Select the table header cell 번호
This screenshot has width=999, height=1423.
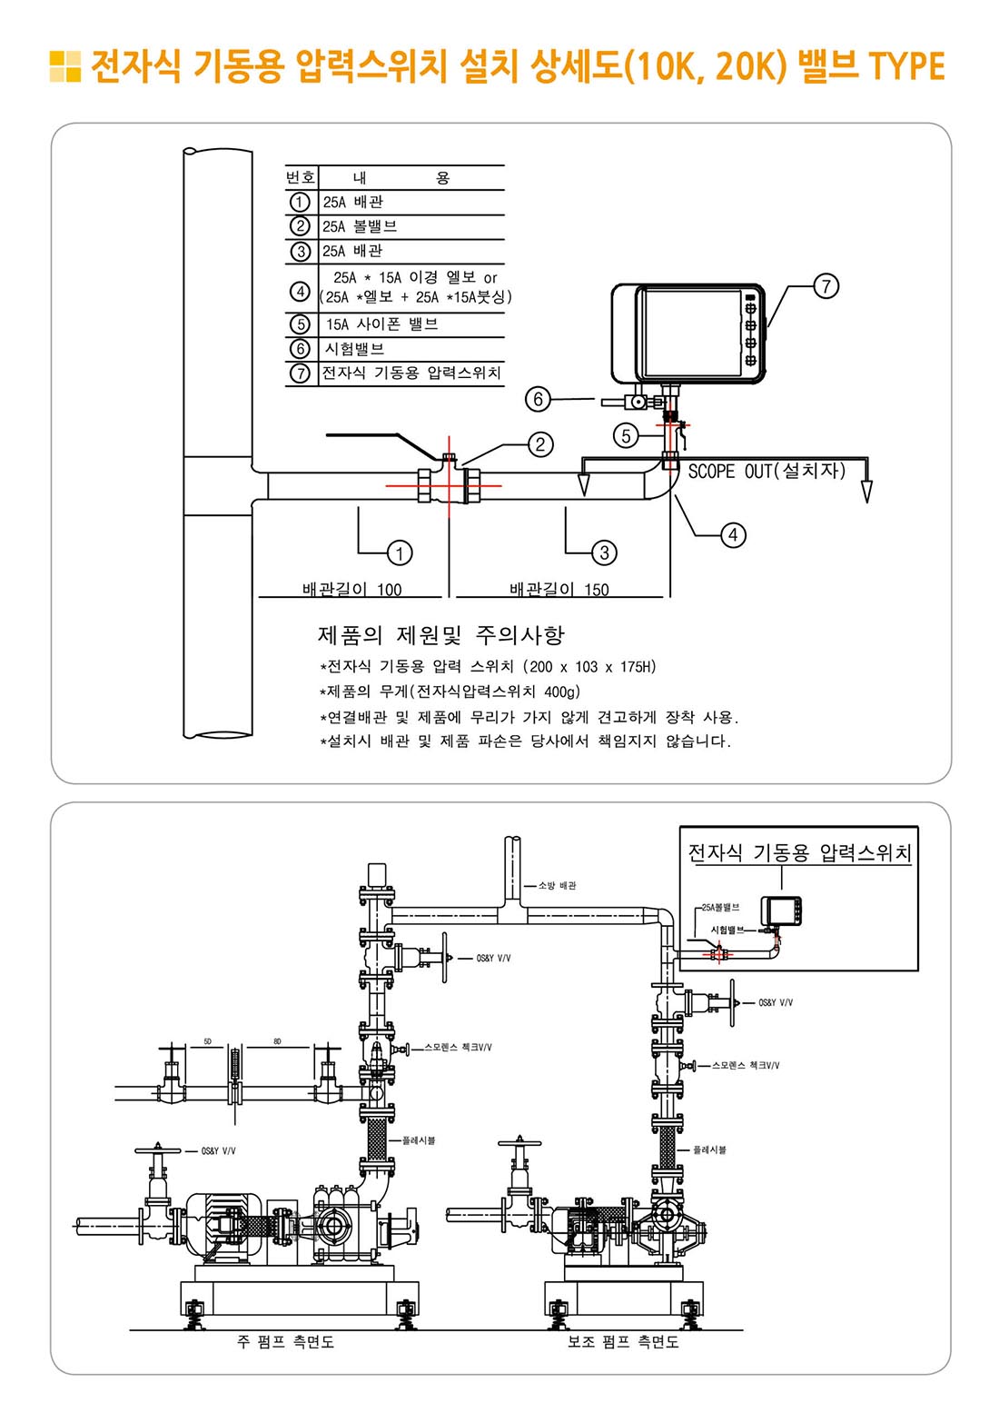pos(301,177)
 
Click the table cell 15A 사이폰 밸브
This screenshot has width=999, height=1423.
pos(381,324)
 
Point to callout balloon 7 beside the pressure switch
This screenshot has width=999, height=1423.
pos(826,286)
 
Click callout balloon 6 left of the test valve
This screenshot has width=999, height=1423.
pos(538,399)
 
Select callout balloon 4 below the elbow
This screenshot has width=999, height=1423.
pos(733,535)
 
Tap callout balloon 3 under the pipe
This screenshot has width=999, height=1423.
pos(604,552)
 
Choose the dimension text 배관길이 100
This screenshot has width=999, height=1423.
pos(351,589)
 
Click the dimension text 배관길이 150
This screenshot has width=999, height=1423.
pos(559,589)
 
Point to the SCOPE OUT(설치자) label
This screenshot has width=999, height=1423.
pos(767,472)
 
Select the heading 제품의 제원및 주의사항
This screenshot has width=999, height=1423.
pos(440,634)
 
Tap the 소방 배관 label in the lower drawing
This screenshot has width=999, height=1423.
pos(557,885)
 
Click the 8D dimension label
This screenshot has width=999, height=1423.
pos(277,1041)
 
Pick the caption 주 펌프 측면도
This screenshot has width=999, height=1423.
pos(285,1342)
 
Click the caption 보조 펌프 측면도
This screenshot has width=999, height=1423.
pos(623,1342)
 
